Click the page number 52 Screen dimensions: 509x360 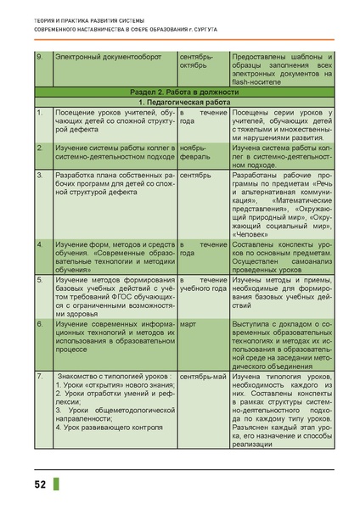[40, 485]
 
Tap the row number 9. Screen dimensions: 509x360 [38, 57]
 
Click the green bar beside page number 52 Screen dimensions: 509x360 [56, 485]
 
